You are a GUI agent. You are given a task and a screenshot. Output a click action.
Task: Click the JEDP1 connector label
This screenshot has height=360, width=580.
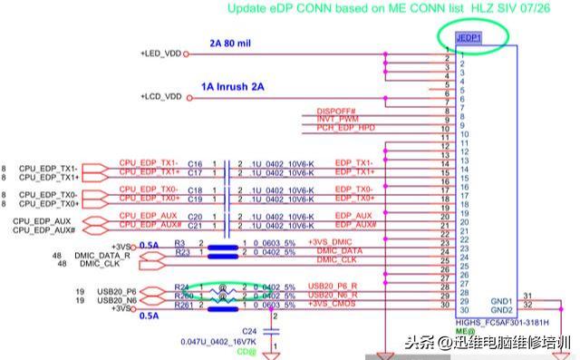coord(469,38)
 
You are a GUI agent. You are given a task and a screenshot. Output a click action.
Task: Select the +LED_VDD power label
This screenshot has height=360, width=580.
coord(160,54)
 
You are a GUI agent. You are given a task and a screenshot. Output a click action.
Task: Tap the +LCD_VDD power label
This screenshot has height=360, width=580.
coord(160,96)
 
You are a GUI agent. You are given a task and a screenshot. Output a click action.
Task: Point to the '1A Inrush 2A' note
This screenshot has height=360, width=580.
coord(233,87)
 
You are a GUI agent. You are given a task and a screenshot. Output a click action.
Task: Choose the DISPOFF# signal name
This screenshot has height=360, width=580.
coord(335,112)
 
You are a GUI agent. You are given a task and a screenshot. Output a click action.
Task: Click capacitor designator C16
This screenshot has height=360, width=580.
coord(195,164)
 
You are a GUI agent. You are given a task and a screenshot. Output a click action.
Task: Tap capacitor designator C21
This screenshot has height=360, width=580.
coord(195,224)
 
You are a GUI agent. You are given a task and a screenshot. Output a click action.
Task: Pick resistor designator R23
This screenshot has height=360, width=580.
coord(181,252)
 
